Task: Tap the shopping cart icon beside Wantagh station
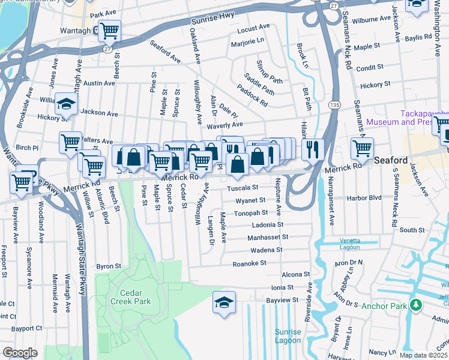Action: tap(109, 30)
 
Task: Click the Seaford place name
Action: tap(391, 161)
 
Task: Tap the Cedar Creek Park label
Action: tap(131, 298)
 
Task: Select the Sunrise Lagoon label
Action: tap(288, 336)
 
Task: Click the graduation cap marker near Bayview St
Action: tap(224, 302)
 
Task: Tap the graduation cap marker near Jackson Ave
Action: tap(66, 103)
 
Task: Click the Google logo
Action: tap(20, 353)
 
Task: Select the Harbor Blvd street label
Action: tap(367, 197)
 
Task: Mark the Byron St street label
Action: tap(109, 266)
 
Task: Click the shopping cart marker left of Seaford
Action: tap(362, 148)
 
